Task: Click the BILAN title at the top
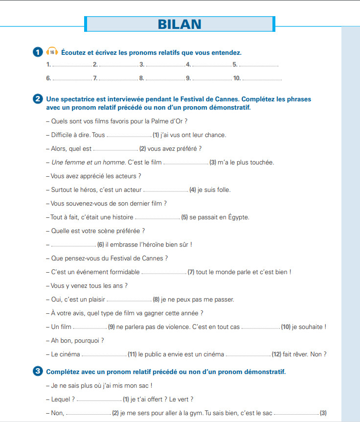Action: click(180, 24)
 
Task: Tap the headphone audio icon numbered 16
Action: click(52, 51)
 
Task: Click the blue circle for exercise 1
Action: click(38, 52)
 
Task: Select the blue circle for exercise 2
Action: click(38, 99)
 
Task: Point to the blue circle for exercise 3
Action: click(38, 372)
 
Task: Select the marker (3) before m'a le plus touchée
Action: click(213, 163)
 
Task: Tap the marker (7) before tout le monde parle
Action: click(191, 272)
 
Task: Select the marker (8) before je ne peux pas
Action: click(157, 300)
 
